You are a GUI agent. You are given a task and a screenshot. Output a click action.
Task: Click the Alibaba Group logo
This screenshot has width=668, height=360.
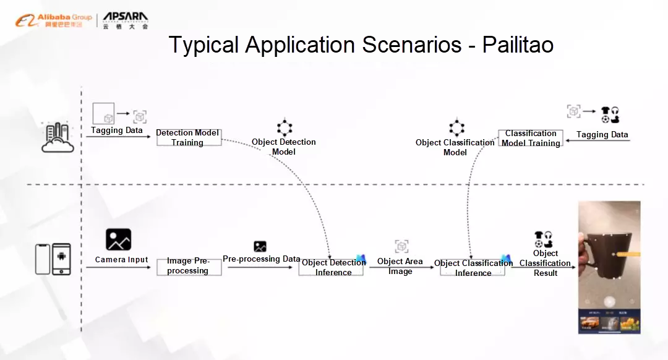pos(53,20)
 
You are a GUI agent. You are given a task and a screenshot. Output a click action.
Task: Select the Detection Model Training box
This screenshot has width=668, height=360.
pos(188,137)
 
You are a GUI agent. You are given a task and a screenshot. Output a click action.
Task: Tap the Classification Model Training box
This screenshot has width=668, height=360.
pos(531,138)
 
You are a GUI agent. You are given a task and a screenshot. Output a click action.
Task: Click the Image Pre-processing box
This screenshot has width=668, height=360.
pos(188,266)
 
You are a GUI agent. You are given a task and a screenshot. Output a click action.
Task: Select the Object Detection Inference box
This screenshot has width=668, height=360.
pos(331,267)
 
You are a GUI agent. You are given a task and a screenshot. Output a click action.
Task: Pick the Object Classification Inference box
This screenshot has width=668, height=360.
pos(473,267)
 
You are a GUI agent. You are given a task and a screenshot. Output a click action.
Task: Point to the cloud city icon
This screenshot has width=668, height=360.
pos(57,137)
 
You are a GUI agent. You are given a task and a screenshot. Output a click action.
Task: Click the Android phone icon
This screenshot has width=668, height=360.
pos(61,259)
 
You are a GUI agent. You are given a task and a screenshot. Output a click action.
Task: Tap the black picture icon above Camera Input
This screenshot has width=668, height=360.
pos(118,239)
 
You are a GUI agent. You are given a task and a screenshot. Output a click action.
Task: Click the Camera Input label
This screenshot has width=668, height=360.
pos(121,260)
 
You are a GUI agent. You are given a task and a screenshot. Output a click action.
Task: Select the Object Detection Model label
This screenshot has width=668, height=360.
pos(284,147)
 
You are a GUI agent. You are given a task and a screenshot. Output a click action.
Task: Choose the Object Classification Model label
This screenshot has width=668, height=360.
pos(455,147)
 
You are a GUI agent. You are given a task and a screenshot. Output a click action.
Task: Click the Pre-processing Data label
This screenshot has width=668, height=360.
pos(261,259)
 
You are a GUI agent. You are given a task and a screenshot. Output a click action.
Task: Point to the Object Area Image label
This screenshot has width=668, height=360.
pos(400,266)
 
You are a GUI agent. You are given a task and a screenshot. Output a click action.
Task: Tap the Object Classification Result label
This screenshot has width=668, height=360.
pos(545,263)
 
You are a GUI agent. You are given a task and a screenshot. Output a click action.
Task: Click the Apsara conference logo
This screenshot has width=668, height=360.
pos(125,20)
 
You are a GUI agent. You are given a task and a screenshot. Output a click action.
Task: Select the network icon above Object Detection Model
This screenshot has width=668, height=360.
pos(284,127)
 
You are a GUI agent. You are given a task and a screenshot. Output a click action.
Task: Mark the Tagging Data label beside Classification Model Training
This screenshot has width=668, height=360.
pos(602,135)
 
